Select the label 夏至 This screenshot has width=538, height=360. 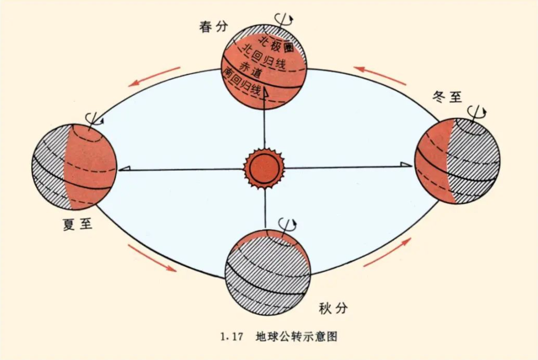click(76, 225)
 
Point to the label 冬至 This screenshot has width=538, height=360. click(447, 96)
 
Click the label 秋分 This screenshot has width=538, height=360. click(332, 308)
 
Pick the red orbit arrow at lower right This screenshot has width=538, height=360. click(387, 253)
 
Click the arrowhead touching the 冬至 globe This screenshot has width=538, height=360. click(406, 165)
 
